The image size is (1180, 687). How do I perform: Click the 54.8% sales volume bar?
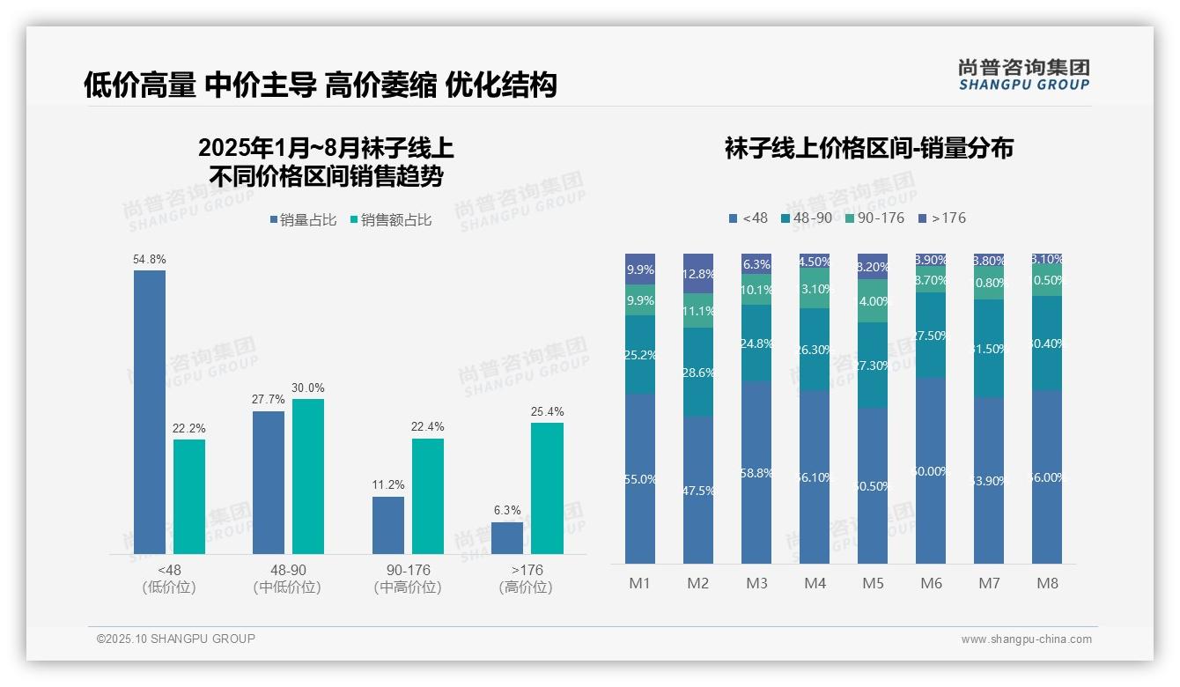150,412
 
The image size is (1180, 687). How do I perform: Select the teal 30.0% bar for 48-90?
308,476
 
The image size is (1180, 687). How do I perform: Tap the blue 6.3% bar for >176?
507,538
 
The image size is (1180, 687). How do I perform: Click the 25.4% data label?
548,411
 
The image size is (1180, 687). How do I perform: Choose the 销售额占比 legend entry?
390,220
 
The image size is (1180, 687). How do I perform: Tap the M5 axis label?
873,583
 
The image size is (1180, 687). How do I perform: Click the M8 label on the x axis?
1047,583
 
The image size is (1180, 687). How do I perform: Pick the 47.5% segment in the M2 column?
698,490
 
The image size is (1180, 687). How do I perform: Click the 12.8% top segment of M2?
698,273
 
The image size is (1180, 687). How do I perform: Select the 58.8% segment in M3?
756,472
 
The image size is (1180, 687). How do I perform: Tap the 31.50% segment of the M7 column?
989,348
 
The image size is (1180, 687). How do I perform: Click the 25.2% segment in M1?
640,354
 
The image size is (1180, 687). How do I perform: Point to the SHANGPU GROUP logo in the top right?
1023,74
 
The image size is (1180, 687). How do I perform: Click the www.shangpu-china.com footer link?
1026,639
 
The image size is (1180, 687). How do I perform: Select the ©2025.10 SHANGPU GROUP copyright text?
176,639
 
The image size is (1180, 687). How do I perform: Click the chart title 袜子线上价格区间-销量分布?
868,148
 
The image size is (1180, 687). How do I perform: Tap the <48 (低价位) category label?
168,579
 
